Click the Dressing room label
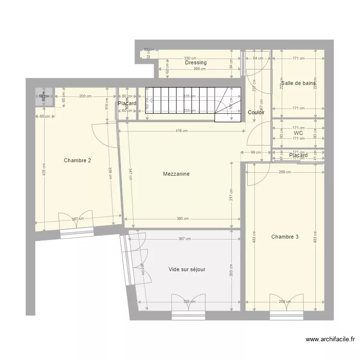(195, 62)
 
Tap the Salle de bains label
(299, 83)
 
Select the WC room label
(298, 133)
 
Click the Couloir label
(256, 112)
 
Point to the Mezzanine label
(176, 174)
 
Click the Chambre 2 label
(77, 160)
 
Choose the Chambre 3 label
(285, 237)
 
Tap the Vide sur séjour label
(187, 269)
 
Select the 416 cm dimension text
(182, 131)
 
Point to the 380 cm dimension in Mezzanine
(182, 219)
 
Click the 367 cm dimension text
(184, 239)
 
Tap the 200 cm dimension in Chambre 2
(85, 96)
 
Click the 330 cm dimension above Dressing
(190, 58)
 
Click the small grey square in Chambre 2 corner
(44, 96)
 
